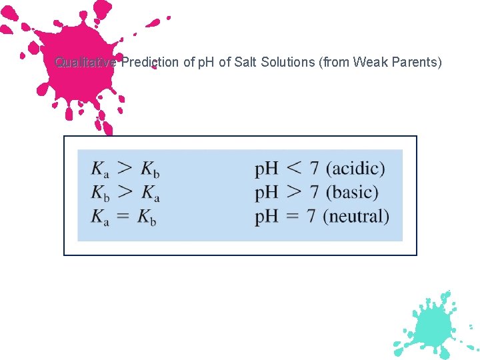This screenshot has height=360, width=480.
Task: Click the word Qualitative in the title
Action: (x=85, y=63)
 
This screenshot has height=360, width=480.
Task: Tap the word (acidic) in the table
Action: (x=355, y=169)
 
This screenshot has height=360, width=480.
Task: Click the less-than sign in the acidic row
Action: (x=294, y=168)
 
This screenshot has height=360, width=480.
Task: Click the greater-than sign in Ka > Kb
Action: (x=125, y=168)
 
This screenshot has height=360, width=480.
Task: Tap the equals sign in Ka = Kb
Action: (x=123, y=217)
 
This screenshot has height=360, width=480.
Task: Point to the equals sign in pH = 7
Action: (x=294, y=217)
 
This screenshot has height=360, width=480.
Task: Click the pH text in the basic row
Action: (x=267, y=193)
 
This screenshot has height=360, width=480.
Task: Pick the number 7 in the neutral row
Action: (x=313, y=217)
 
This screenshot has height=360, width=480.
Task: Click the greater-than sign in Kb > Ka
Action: (x=125, y=192)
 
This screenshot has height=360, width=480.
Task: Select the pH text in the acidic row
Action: (x=267, y=169)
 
